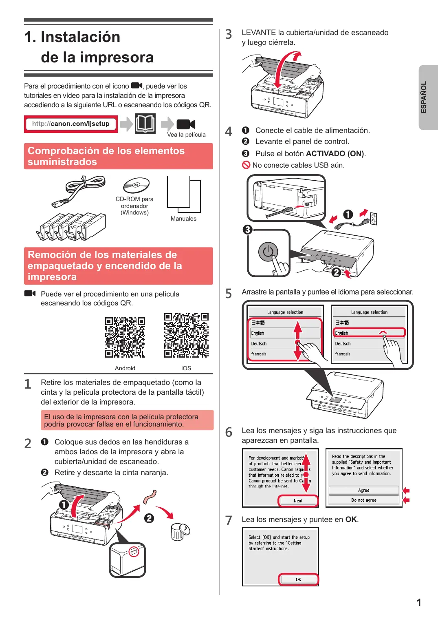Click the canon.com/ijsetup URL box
(71, 124)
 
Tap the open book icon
(145, 124)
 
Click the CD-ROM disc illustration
(136, 185)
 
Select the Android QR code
(125, 337)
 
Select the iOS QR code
(186, 335)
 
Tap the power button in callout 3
(268, 252)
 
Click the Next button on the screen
(298, 500)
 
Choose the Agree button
(364, 490)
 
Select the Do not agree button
(364, 500)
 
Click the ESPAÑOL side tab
(428, 97)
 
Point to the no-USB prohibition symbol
(246, 165)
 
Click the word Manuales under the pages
(183, 219)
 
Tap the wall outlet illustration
(373, 219)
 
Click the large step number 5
(229, 294)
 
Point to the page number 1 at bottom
(419, 602)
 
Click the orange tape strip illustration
(150, 497)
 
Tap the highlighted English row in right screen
(369, 332)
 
